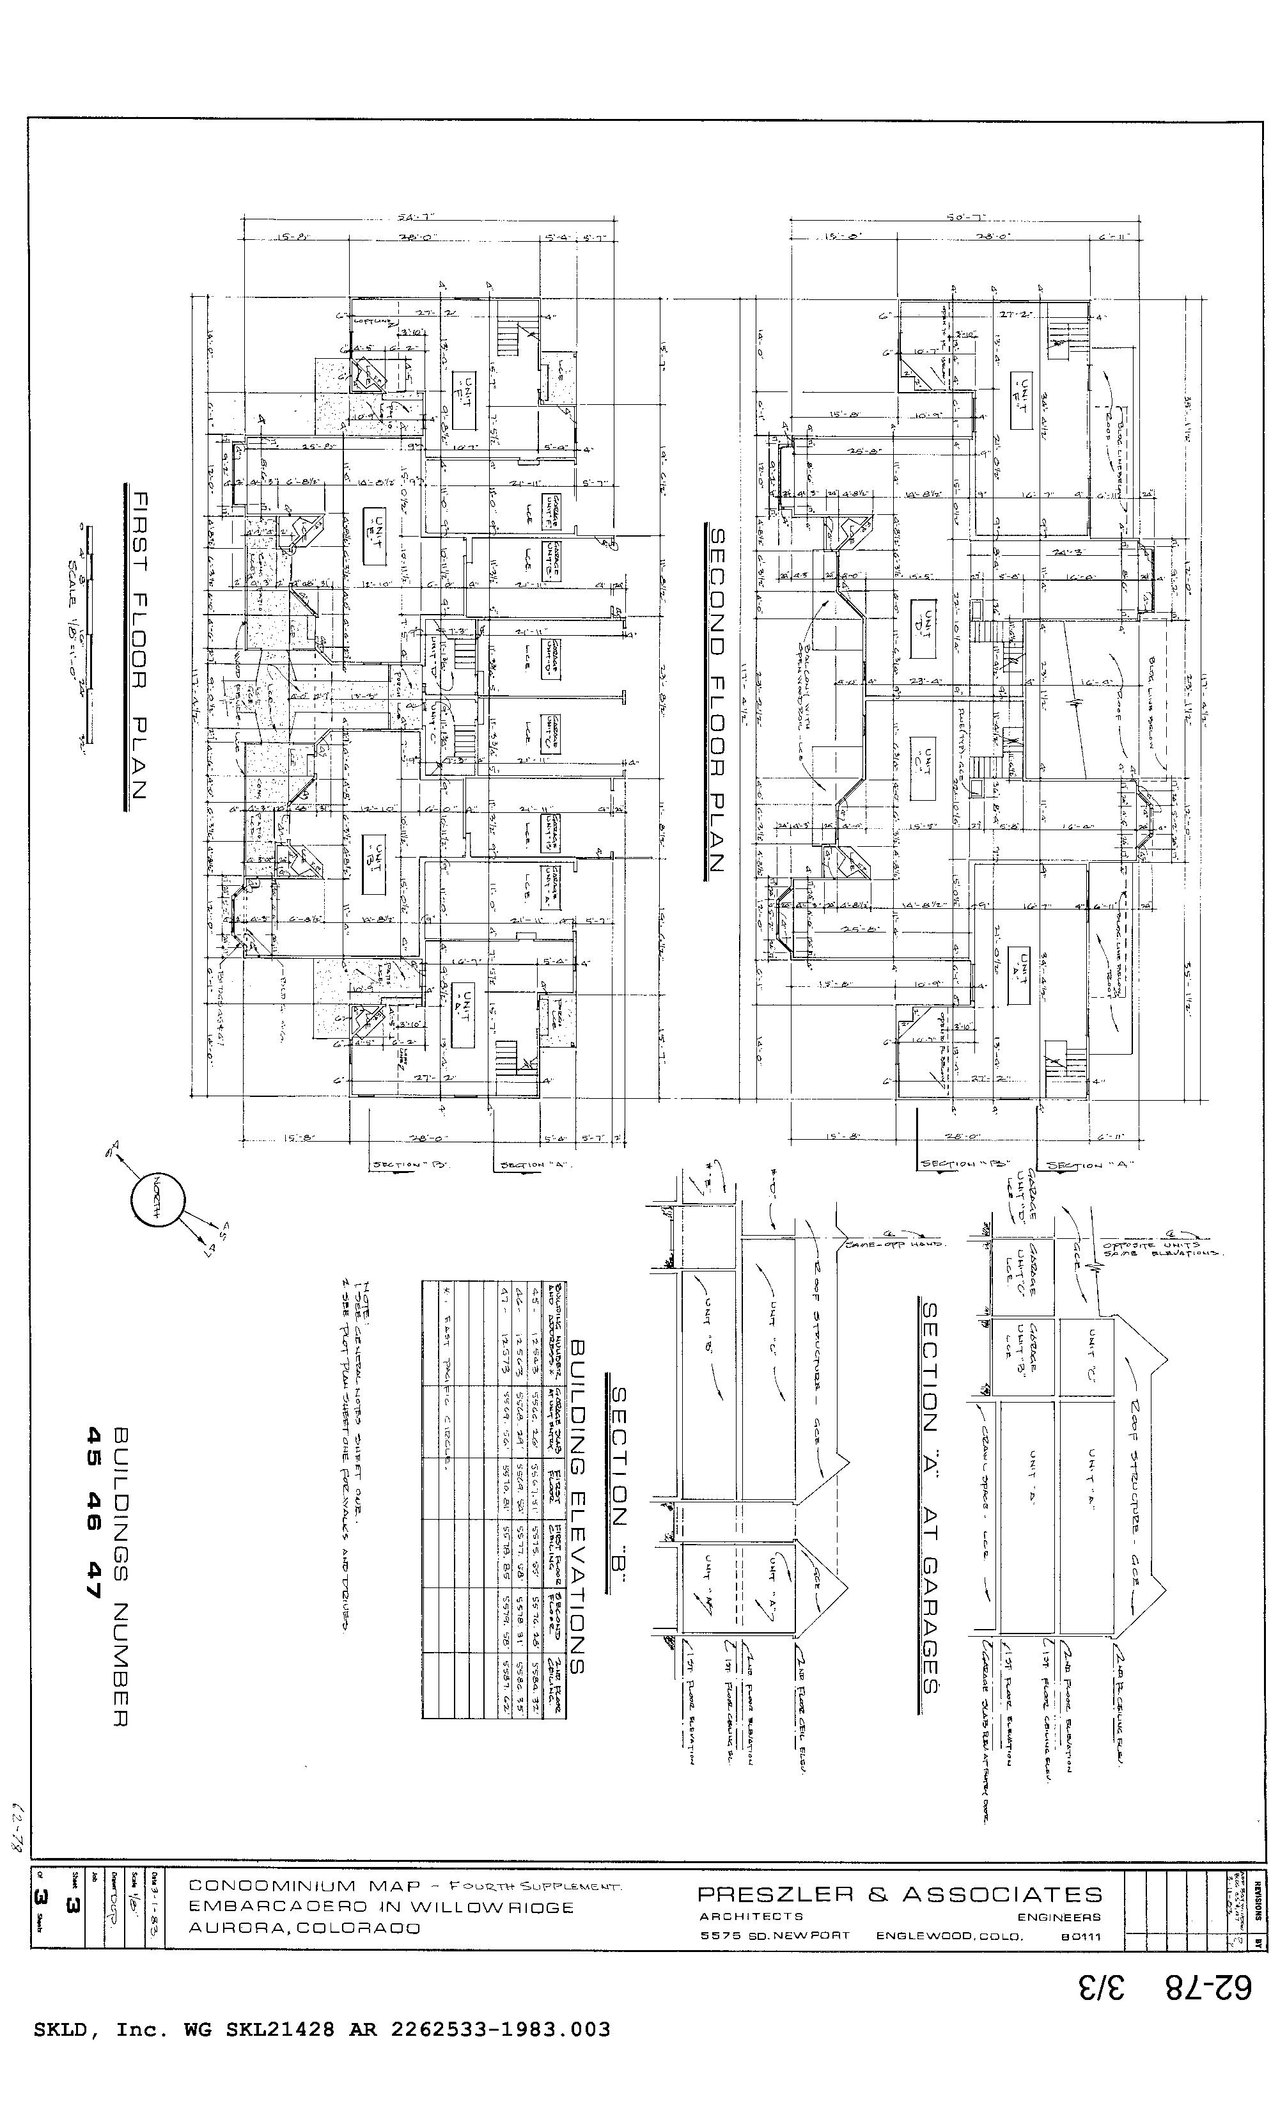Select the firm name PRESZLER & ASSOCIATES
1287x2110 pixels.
899,1893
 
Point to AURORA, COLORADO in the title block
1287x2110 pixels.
304,1928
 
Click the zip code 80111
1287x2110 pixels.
1080,1936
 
